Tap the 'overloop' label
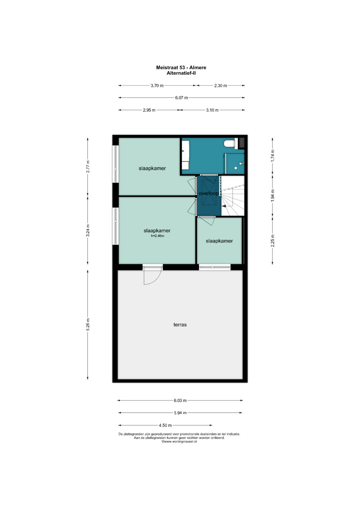[208, 193]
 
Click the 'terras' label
[180, 324]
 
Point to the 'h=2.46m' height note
[157, 236]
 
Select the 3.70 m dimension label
[157, 86]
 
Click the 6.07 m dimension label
[182, 98]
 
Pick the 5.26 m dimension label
[88, 324]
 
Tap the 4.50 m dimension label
[165, 425]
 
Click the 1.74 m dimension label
[273, 156]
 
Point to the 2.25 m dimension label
[273, 241]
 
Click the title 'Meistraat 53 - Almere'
[181, 67]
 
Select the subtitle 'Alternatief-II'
[181, 73]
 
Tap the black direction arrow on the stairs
[224, 206]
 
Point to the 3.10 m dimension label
[212, 110]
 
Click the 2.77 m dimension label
[88, 167]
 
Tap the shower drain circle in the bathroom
[236, 168]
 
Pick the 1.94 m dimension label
[273, 195]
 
